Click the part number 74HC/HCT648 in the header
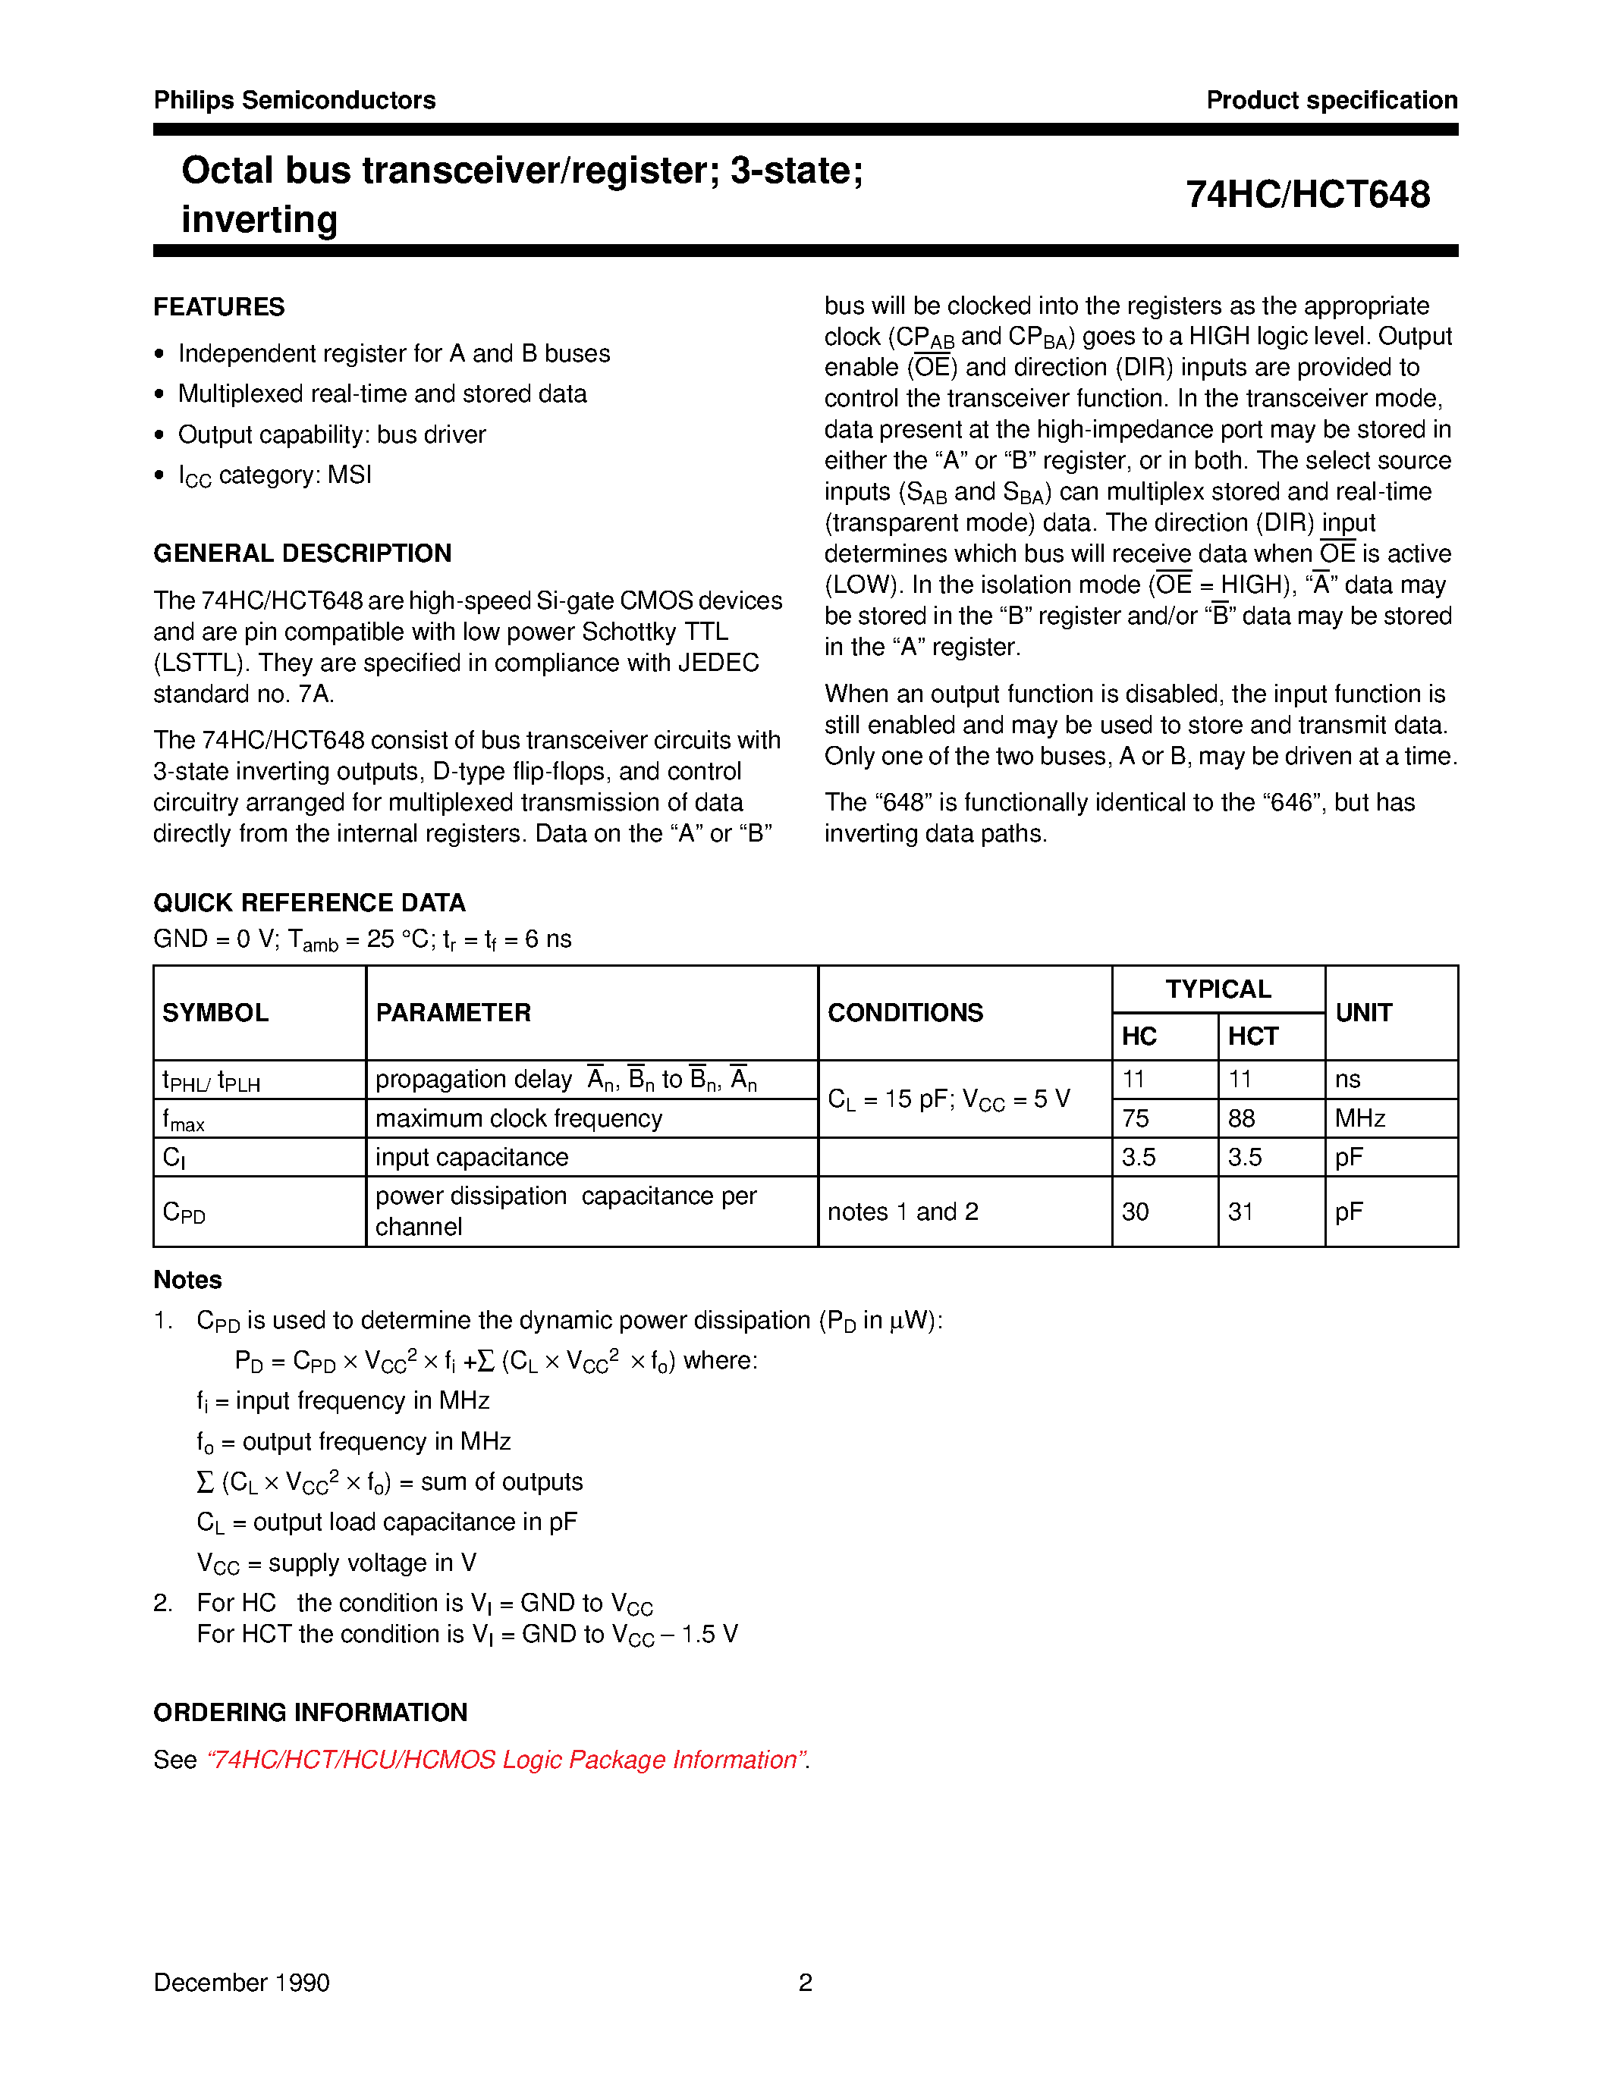[x=1306, y=195]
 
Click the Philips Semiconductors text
[x=294, y=100]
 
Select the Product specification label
[x=1331, y=100]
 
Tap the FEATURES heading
[x=218, y=306]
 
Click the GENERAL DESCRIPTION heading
[x=302, y=553]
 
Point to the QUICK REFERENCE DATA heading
[x=310, y=903]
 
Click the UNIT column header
[x=1362, y=1013]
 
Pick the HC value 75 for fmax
[x=1136, y=1119]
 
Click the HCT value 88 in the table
[x=1242, y=1119]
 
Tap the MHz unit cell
[x=1360, y=1119]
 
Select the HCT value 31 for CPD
[x=1240, y=1212]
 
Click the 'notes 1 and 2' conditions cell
[x=903, y=1212]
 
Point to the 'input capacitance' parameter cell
[x=472, y=1158]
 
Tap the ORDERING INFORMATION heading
[x=310, y=1713]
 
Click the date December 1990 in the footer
[x=241, y=1983]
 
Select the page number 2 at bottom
[x=805, y=1983]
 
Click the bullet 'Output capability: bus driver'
[x=332, y=435]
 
